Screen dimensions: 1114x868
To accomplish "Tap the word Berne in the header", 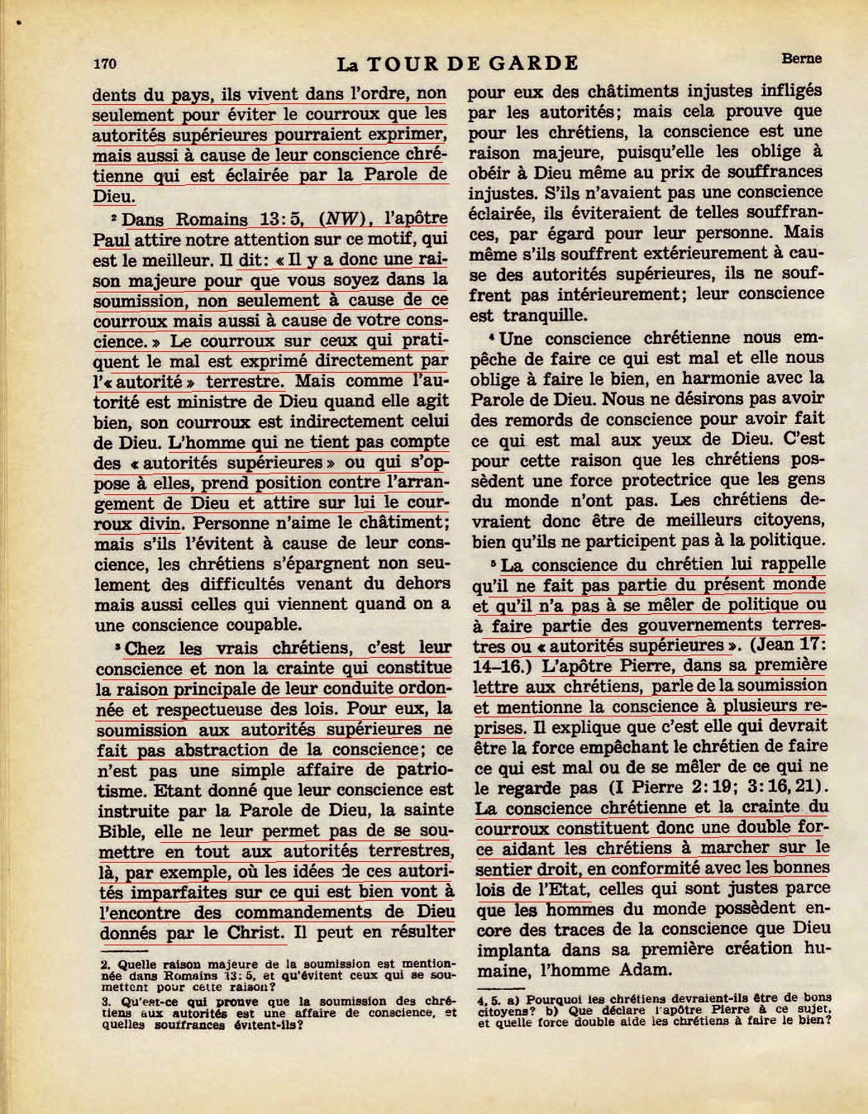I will coord(800,59).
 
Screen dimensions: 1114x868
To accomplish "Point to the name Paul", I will coord(112,240).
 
